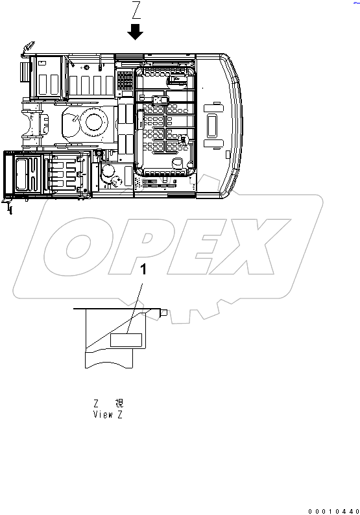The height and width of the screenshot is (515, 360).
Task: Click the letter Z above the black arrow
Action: point(136,10)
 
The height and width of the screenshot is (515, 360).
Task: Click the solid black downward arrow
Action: point(136,31)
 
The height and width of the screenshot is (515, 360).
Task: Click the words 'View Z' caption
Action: point(108,413)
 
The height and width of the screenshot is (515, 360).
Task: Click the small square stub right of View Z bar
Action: point(165,313)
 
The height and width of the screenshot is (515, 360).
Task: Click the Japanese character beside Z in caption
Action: point(119,403)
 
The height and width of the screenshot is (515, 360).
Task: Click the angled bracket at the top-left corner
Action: point(27,47)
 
